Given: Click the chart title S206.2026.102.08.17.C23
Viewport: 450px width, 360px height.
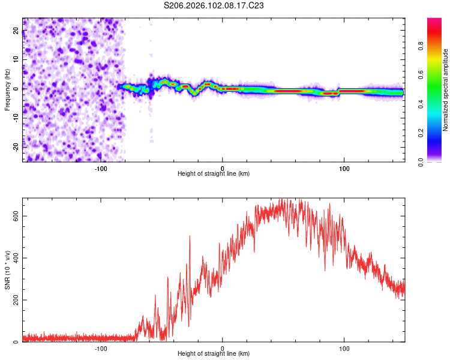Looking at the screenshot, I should (214, 5).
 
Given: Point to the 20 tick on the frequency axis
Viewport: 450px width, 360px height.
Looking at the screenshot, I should (16, 32).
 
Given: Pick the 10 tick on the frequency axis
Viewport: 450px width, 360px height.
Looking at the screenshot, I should (16, 60).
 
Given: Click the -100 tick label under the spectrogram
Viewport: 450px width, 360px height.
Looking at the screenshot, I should (101, 169).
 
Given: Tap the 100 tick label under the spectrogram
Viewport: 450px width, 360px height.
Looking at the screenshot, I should (344, 169).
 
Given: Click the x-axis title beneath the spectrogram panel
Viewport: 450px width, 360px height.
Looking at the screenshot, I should (214, 174).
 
